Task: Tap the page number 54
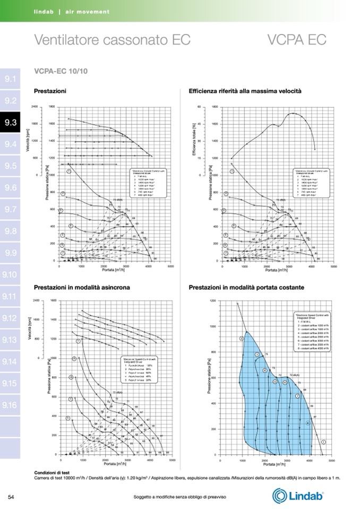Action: pos(11,497)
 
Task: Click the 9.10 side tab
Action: pos(10,275)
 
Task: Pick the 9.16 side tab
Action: pos(10,406)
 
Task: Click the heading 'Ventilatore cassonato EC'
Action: pos(112,40)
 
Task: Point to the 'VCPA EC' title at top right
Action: pos(297,40)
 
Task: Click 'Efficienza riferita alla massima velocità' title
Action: pos(245,91)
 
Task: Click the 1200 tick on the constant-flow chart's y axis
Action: pos(213,300)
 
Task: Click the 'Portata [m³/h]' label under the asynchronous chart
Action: pos(115,463)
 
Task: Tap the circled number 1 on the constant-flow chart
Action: pos(323,442)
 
